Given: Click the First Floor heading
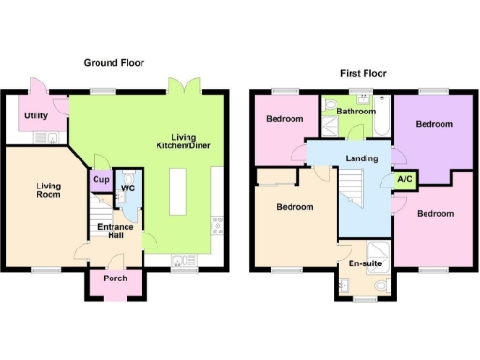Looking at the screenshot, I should pyautogui.click(x=363, y=73).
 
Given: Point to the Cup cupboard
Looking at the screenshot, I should pyautogui.click(x=101, y=179).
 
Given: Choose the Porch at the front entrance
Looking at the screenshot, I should pyautogui.click(x=114, y=278).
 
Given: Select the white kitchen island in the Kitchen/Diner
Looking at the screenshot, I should pyautogui.click(x=179, y=203).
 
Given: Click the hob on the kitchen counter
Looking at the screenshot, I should pyautogui.click(x=217, y=226).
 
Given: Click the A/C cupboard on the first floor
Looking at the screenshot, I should pyautogui.click(x=405, y=179).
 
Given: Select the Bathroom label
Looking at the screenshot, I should pyautogui.click(x=356, y=111).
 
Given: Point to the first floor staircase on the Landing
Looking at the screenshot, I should pyautogui.click(x=353, y=196).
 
